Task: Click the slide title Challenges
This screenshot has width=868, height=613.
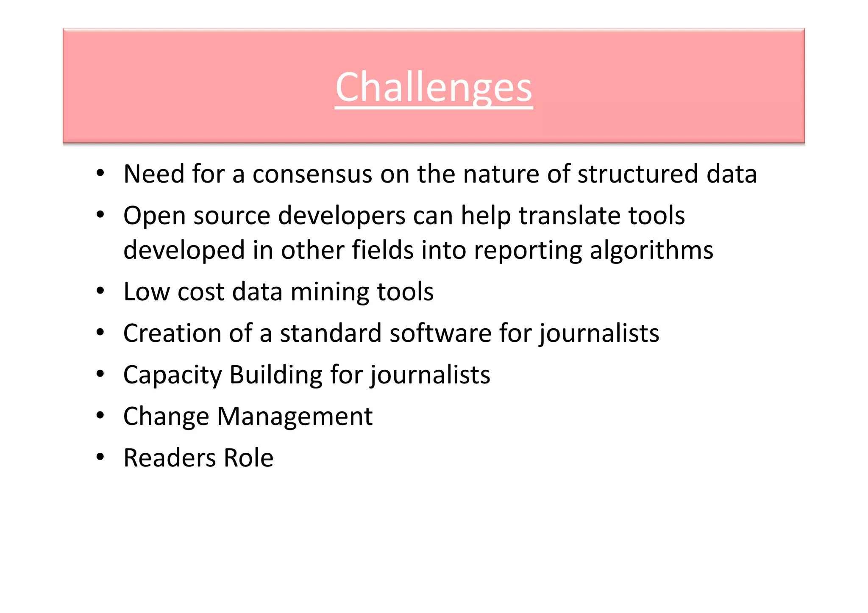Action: pos(434,88)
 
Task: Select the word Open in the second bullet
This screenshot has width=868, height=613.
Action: pos(154,216)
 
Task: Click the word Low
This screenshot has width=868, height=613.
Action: pos(147,292)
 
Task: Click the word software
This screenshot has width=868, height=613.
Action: pos(440,333)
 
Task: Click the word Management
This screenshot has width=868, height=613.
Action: pos(295,417)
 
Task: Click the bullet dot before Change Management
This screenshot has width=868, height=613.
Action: pos(100,416)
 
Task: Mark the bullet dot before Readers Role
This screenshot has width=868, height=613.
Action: pos(100,457)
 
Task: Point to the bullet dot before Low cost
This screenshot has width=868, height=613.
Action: pos(100,291)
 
